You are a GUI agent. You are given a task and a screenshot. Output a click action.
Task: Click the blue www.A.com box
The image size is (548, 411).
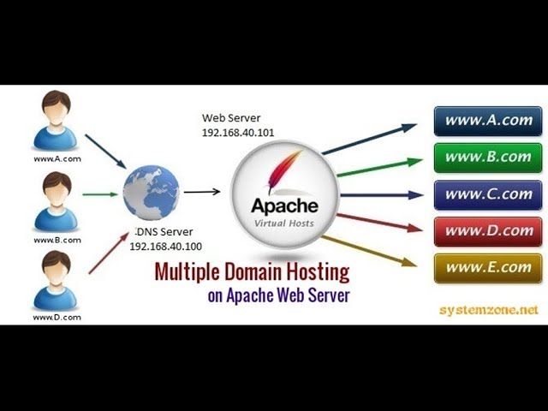tap(488, 121)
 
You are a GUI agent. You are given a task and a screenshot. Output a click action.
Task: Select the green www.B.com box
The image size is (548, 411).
tap(488, 158)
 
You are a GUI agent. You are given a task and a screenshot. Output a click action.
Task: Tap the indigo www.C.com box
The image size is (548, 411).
tap(488, 194)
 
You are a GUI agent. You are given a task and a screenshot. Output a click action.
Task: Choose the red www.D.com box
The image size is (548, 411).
tap(488, 231)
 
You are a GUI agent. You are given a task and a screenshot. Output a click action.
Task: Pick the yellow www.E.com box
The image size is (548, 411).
tap(488, 268)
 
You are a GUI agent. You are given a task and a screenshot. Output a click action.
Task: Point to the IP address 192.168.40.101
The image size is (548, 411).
tap(238, 133)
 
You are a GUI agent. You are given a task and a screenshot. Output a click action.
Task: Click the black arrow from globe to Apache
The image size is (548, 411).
tap(202, 192)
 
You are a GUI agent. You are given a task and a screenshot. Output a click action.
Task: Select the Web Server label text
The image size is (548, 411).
tap(231, 117)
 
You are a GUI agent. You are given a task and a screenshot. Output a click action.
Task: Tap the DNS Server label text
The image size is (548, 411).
tap(164, 232)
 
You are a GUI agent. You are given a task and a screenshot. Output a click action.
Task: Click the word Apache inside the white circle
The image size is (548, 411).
tap(284, 205)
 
